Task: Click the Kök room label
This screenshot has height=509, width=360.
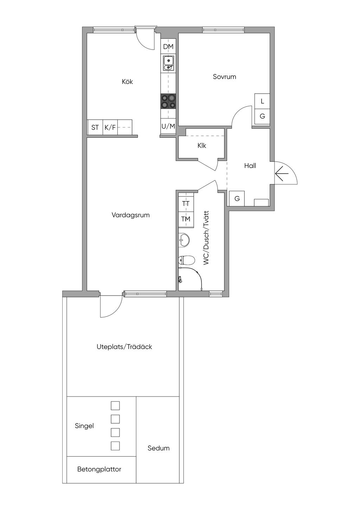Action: [127, 82]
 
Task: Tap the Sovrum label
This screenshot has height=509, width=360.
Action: [224, 77]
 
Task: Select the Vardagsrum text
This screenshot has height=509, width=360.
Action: [131, 215]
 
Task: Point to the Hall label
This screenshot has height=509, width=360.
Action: [250, 166]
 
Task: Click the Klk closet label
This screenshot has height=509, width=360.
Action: [201, 146]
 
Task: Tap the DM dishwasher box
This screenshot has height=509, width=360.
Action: [168, 47]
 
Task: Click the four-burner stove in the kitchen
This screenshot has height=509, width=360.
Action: [168, 101]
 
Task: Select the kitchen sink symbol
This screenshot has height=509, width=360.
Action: [168, 64]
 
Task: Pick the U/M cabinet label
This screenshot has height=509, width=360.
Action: [168, 126]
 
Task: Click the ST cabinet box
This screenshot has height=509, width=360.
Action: [96, 127]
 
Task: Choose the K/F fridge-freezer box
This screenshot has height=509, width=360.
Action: [110, 127]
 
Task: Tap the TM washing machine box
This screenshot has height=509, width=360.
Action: [186, 219]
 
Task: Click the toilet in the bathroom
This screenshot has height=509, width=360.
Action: [186, 260]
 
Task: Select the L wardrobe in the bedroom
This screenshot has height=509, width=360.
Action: [262, 101]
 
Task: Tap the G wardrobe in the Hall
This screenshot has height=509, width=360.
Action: [237, 199]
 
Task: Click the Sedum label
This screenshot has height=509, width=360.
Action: [159, 448]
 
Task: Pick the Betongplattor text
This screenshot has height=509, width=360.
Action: [99, 469]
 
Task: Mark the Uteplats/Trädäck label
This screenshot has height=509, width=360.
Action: [124, 347]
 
